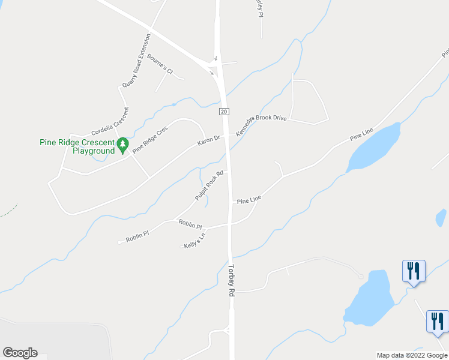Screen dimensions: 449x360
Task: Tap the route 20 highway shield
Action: pos(223,112)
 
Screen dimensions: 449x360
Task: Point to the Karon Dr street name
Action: pos(209,142)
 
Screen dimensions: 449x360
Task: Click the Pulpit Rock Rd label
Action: pos(209,187)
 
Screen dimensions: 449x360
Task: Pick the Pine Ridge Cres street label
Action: pos(150,139)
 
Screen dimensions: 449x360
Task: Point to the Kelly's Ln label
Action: pos(194,241)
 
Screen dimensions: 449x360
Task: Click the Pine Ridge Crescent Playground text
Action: pos(76,146)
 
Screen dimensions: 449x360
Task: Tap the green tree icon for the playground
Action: pos(122,144)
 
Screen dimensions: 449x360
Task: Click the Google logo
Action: pos(20,353)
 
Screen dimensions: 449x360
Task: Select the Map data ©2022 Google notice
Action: pos(412,355)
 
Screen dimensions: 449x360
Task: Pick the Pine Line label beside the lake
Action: pos(362,134)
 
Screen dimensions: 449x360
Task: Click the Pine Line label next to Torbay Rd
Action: pos(249,199)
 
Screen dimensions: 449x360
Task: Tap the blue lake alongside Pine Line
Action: pos(375,148)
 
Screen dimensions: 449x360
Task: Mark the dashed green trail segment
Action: pos(8,210)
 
